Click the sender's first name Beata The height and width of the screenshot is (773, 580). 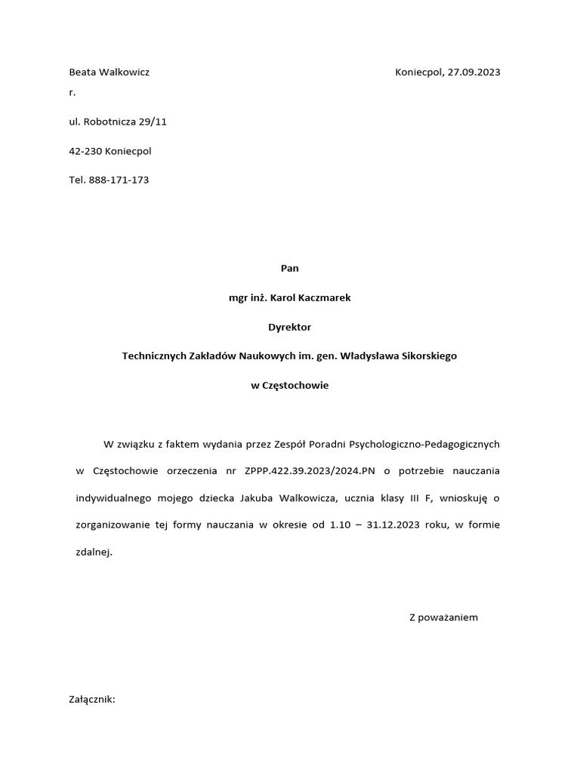click(84, 72)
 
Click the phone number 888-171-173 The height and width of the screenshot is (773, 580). click(119, 180)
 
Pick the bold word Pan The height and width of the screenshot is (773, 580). click(290, 268)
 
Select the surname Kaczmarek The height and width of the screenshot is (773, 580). click(321, 297)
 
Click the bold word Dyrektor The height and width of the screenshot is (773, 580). click(290, 327)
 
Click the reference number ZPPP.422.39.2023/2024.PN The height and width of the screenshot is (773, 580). click(310, 471)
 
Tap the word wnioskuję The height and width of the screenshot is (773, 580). click(469, 498)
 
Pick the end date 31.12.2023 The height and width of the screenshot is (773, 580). click(393, 525)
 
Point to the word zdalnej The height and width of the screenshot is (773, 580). click(94, 553)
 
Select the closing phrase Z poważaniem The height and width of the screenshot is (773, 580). click(443, 617)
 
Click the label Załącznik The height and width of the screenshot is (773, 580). click(91, 700)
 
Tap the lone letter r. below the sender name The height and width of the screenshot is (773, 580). click(72, 93)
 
